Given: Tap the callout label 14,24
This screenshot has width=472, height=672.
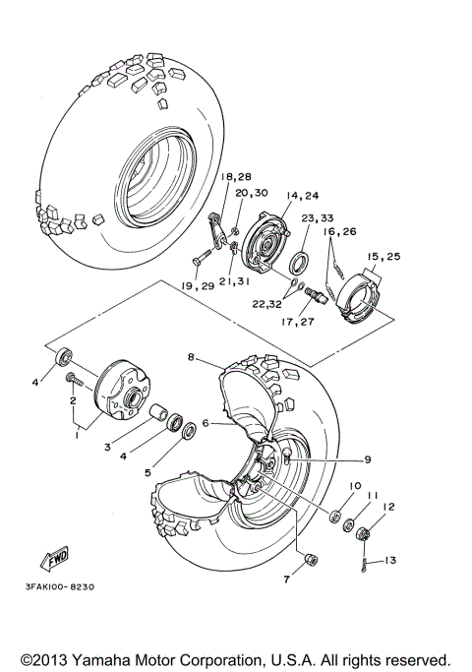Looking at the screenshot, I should tap(273, 195).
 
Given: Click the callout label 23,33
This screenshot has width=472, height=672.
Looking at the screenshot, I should tap(317, 219).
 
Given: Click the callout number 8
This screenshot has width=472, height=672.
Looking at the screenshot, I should tap(192, 359).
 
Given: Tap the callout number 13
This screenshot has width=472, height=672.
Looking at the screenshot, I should tap(390, 560).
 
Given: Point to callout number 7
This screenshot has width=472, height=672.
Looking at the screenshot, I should tap(287, 580).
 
